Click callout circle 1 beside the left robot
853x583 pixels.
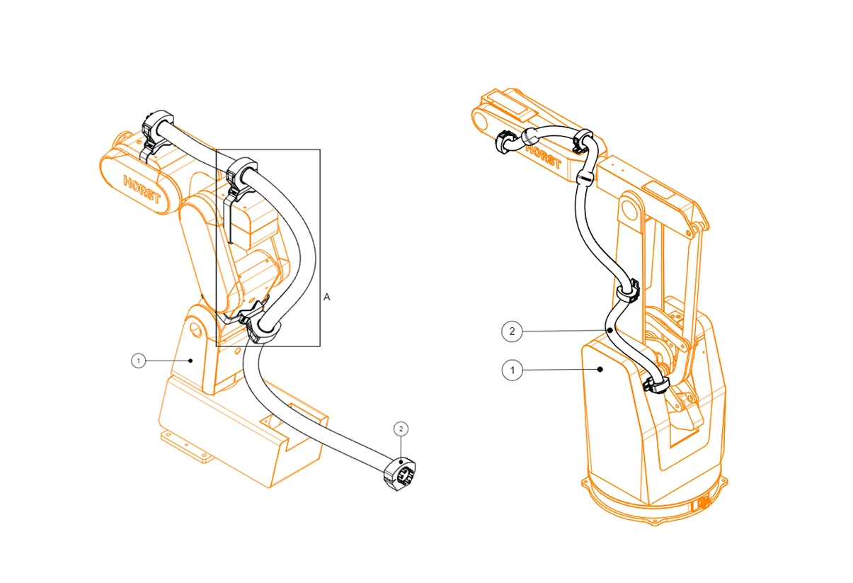(x=138, y=361)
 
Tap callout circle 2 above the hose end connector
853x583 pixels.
(x=401, y=429)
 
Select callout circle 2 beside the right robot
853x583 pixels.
(x=512, y=332)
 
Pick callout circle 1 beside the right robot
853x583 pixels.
(x=513, y=370)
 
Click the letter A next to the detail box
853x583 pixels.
(x=327, y=297)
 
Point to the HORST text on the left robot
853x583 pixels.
(x=142, y=189)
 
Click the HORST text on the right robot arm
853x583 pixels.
(x=544, y=157)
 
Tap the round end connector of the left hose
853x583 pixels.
(x=399, y=475)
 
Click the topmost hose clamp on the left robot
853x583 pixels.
(x=157, y=132)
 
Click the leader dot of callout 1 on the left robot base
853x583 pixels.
(x=191, y=361)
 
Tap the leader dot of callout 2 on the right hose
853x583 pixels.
(x=610, y=330)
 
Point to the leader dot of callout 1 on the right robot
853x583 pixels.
(x=600, y=369)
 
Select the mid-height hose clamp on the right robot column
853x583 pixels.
(x=629, y=292)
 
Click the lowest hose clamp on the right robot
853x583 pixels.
(x=656, y=385)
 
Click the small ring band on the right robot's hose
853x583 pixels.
(x=585, y=178)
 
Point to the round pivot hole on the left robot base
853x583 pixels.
(x=196, y=330)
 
